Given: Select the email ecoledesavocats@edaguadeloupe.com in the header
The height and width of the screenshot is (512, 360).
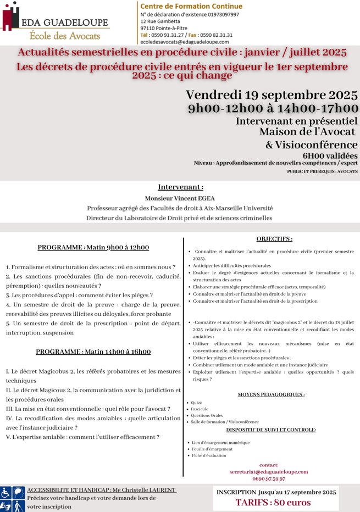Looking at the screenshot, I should (185, 42).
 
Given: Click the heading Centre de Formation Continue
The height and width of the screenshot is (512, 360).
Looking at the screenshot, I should (191, 6).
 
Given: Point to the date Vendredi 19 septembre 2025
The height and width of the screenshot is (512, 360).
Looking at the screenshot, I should (272, 94).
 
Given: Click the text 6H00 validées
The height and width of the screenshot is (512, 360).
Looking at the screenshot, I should (330, 155).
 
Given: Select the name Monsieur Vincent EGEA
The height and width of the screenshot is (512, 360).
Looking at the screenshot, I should (180, 198).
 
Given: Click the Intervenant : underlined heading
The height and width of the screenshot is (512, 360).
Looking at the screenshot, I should (181, 187).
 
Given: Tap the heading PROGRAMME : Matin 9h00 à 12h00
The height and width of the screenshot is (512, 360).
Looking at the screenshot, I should (93, 248).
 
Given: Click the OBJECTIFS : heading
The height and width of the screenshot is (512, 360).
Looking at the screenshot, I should (274, 239).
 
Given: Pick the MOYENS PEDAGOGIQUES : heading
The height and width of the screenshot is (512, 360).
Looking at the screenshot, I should (271, 394).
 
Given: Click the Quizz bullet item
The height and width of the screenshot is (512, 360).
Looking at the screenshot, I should (196, 403).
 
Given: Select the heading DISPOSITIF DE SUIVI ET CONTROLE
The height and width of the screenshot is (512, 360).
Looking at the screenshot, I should (271, 430).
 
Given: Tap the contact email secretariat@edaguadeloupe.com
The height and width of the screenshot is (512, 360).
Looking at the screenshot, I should (269, 471).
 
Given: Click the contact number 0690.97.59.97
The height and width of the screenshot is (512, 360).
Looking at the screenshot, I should (269, 478).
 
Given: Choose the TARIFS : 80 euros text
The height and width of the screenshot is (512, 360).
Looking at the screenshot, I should (273, 502).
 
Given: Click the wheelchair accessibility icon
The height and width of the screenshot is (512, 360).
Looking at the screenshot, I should (5, 492).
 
